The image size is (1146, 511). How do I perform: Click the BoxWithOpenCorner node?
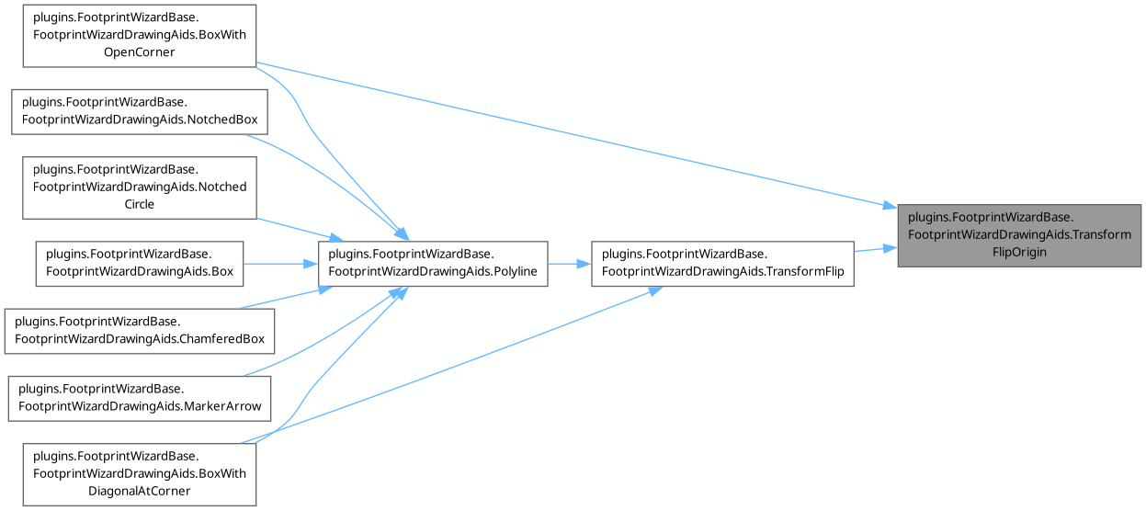tap(139, 35)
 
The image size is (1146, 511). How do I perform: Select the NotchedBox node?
tap(139, 110)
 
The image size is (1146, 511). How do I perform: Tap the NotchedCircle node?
tap(139, 187)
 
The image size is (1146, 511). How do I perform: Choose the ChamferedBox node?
tap(139, 329)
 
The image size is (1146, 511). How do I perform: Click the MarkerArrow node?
tap(139, 397)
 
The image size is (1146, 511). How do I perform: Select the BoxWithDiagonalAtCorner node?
tap(139, 473)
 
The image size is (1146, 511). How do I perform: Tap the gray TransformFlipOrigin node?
tap(1019, 234)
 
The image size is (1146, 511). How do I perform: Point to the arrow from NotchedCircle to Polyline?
tap(289, 227)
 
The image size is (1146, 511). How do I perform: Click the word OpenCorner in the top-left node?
tap(139, 52)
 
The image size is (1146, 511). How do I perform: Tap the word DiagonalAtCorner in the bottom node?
tap(139, 491)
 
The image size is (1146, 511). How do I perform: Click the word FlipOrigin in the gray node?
tap(1019, 252)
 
